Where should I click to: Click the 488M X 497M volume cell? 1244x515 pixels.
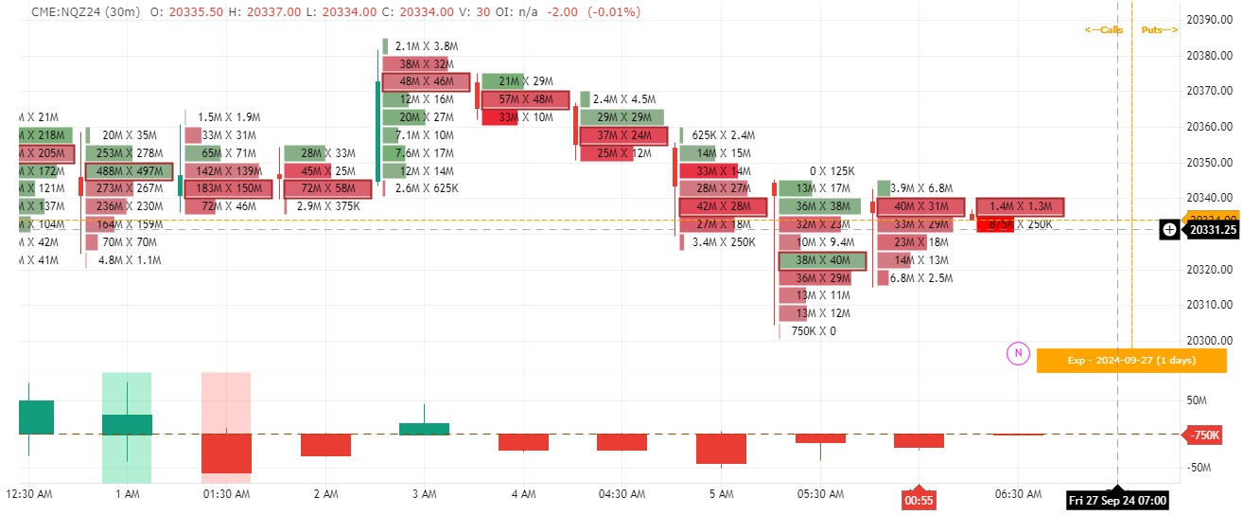pyautogui.click(x=130, y=171)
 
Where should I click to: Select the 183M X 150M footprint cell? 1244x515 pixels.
pyautogui.click(x=228, y=188)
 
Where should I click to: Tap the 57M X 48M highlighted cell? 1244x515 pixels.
pyautogui.click(x=526, y=99)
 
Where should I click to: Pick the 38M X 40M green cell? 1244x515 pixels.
pyautogui.click(x=821, y=260)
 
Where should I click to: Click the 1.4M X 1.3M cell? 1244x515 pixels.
pyautogui.click(x=1021, y=206)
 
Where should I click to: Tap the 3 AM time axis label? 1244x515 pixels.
pyautogui.click(x=424, y=494)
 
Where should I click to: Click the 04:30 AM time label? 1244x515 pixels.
pyautogui.click(x=622, y=494)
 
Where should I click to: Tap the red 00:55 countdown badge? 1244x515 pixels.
pyautogui.click(x=919, y=500)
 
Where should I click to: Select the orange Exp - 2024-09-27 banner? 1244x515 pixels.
pyautogui.click(x=1130, y=361)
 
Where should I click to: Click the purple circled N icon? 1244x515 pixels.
pyautogui.click(x=1018, y=353)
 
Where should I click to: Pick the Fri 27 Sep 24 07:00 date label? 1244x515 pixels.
pyautogui.click(x=1117, y=500)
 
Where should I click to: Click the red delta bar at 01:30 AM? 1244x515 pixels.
pyautogui.click(x=226, y=453)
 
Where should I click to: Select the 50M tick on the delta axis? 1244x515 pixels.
pyautogui.click(x=1197, y=400)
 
